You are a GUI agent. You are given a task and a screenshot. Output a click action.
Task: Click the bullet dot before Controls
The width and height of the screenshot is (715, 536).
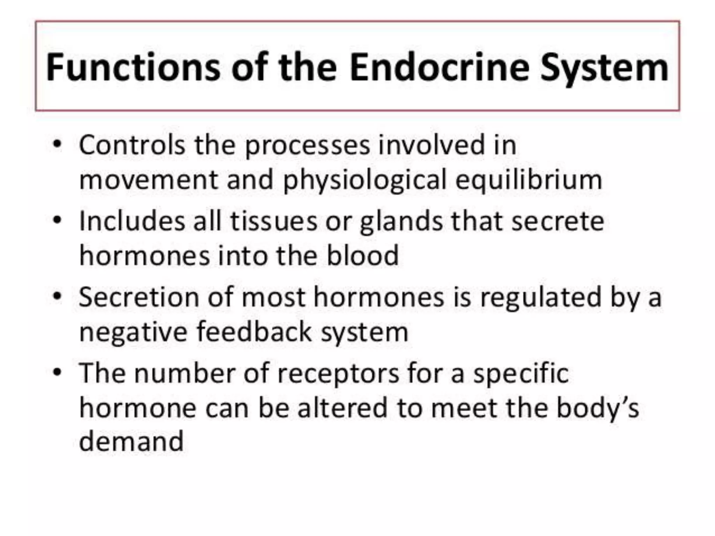pyautogui.click(x=57, y=144)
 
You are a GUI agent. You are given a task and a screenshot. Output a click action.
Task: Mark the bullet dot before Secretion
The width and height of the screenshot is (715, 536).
pyautogui.click(x=57, y=296)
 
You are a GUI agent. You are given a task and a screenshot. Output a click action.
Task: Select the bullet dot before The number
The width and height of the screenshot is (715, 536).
pyautogui.click(x=57, y=372)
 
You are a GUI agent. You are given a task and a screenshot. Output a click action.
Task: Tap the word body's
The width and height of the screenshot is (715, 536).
pyautogui.click(x=597, y=409)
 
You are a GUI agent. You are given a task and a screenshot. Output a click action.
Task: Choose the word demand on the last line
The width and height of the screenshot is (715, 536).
pyautogui.click(x=131, y=441)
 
